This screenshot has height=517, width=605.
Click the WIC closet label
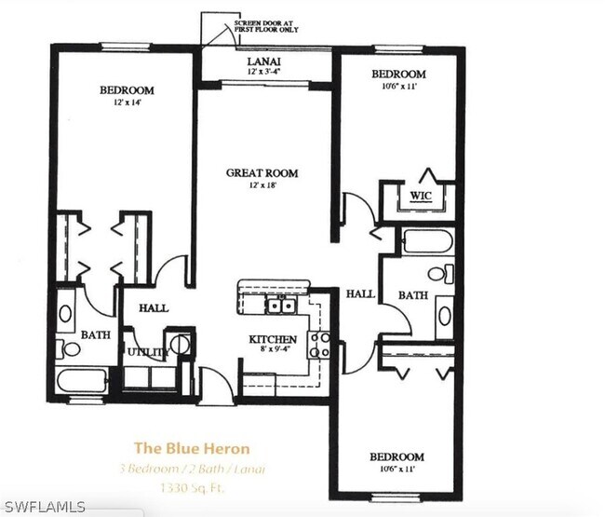(420, 196)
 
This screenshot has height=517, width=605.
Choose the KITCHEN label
(272, 340)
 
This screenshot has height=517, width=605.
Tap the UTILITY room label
(145, 353)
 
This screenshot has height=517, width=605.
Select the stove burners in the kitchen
(320, 345)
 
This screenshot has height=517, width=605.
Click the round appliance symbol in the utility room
(180, 344)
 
